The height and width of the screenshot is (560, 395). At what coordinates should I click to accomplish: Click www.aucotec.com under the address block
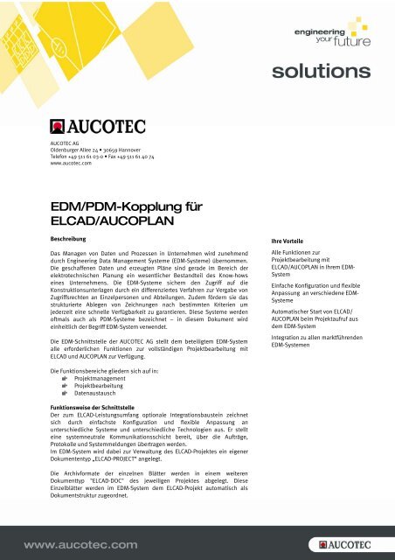71,163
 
